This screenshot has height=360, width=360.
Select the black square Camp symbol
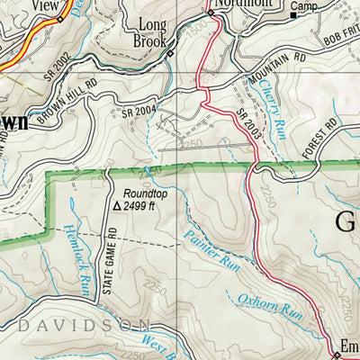pos(293,15)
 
